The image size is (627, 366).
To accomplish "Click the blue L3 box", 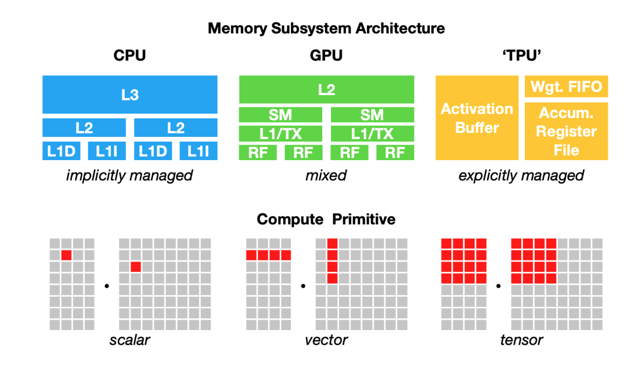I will tap(130, 95).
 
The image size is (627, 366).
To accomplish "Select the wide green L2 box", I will tap(326, 90).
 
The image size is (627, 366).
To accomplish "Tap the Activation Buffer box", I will tap(477, 118).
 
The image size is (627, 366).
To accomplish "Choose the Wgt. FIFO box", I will tap(566, 87).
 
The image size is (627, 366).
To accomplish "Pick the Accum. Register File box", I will tap(566, 131).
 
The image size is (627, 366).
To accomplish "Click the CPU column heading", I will tap(129, 56).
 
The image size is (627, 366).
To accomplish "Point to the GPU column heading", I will tap(326, 56).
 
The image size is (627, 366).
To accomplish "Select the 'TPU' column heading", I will tap(521, 56).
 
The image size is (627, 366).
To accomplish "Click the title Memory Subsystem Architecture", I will tap(326, 28).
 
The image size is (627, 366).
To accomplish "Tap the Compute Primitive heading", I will tap(326, 219).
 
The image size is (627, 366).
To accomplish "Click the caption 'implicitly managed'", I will tap(129, 175).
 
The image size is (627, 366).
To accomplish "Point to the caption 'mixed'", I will tap(326, 175).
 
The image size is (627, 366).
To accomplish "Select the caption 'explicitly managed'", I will tap(521, 175).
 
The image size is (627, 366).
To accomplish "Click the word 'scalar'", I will tap(129, 339).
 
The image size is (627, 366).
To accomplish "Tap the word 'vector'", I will tap(326, 339).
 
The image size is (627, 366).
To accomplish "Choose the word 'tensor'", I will tap(521, 339).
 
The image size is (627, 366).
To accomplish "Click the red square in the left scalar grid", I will tap(67, 255).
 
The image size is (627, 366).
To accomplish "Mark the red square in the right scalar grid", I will tap(136, 266).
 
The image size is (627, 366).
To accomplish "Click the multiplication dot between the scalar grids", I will tap(107, 285).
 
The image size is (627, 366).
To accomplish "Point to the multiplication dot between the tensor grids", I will tap(498, 285).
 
